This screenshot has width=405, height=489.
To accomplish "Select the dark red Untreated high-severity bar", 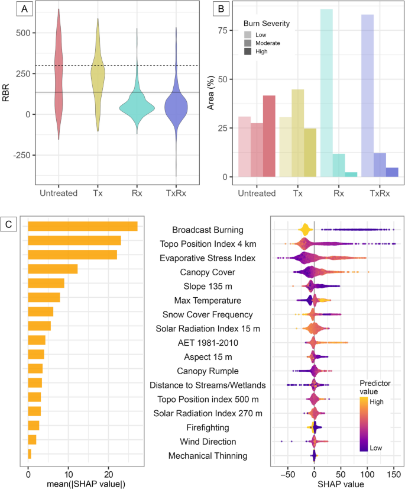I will pos(269,136).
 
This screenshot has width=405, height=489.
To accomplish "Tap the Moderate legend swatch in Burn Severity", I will pos(250,43).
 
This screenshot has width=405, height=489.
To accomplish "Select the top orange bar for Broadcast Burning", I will pos(82,227).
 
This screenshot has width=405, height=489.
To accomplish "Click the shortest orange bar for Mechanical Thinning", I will pos(30,453).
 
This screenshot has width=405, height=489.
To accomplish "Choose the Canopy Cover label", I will pos(204,272).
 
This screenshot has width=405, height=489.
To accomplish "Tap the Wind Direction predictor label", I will pos(203,442).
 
